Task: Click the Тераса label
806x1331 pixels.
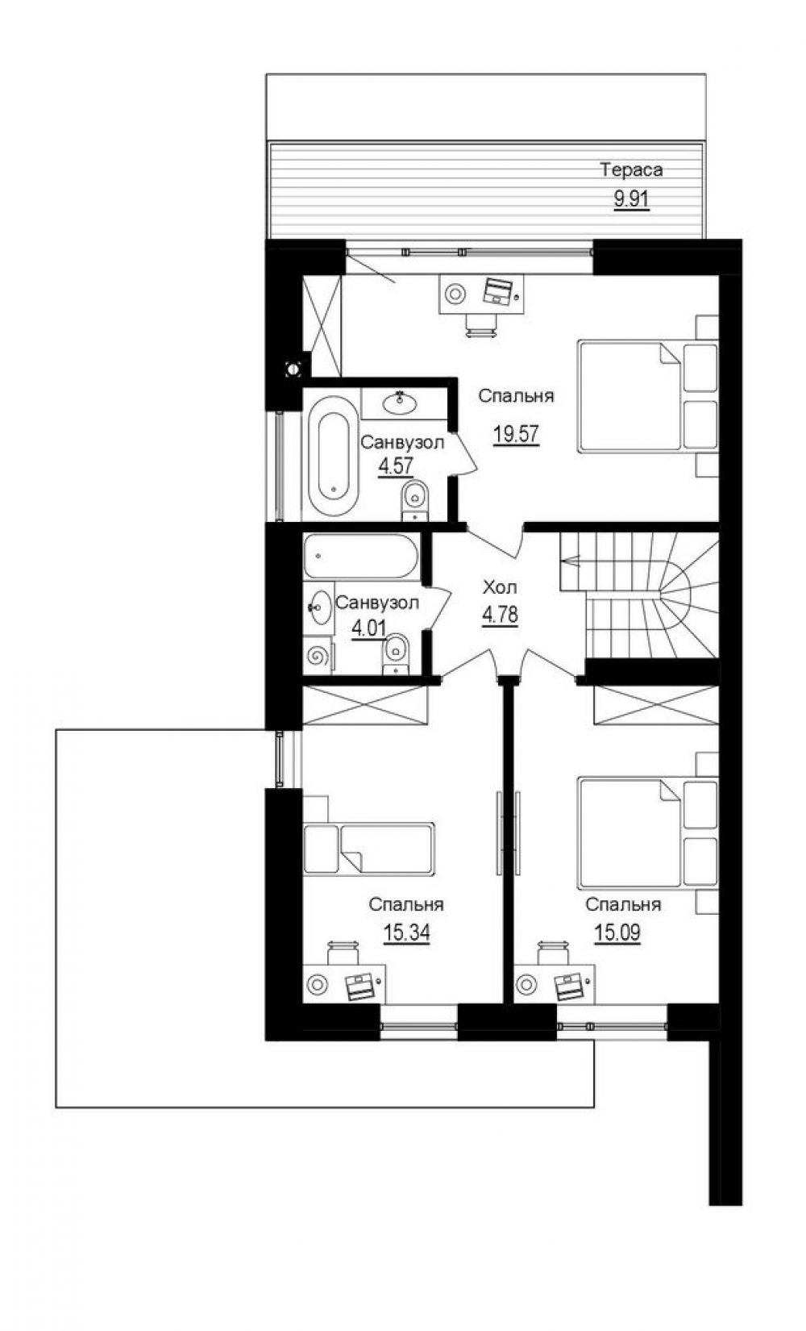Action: point(632,170)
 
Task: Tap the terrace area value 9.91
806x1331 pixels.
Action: point(632,199)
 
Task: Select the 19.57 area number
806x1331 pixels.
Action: point(516,434)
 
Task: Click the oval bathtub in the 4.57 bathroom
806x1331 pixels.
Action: point(332,456)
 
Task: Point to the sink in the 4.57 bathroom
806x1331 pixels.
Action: point(400,403)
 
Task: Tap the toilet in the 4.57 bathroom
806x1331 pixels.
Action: point(414,499)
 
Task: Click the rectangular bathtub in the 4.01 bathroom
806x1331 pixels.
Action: point(361,557)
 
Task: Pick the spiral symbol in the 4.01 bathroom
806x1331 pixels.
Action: point(316,657)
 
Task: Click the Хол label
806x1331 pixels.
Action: point(499,588)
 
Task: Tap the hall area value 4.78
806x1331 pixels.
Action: point(501,615)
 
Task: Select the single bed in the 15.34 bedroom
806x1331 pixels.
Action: point(368,849)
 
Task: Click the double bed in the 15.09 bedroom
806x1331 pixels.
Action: point(648,832)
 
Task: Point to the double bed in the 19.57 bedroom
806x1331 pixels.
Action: point(648,396)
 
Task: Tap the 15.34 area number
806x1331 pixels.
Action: point(406,933)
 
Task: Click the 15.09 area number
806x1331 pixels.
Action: point(617,933)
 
